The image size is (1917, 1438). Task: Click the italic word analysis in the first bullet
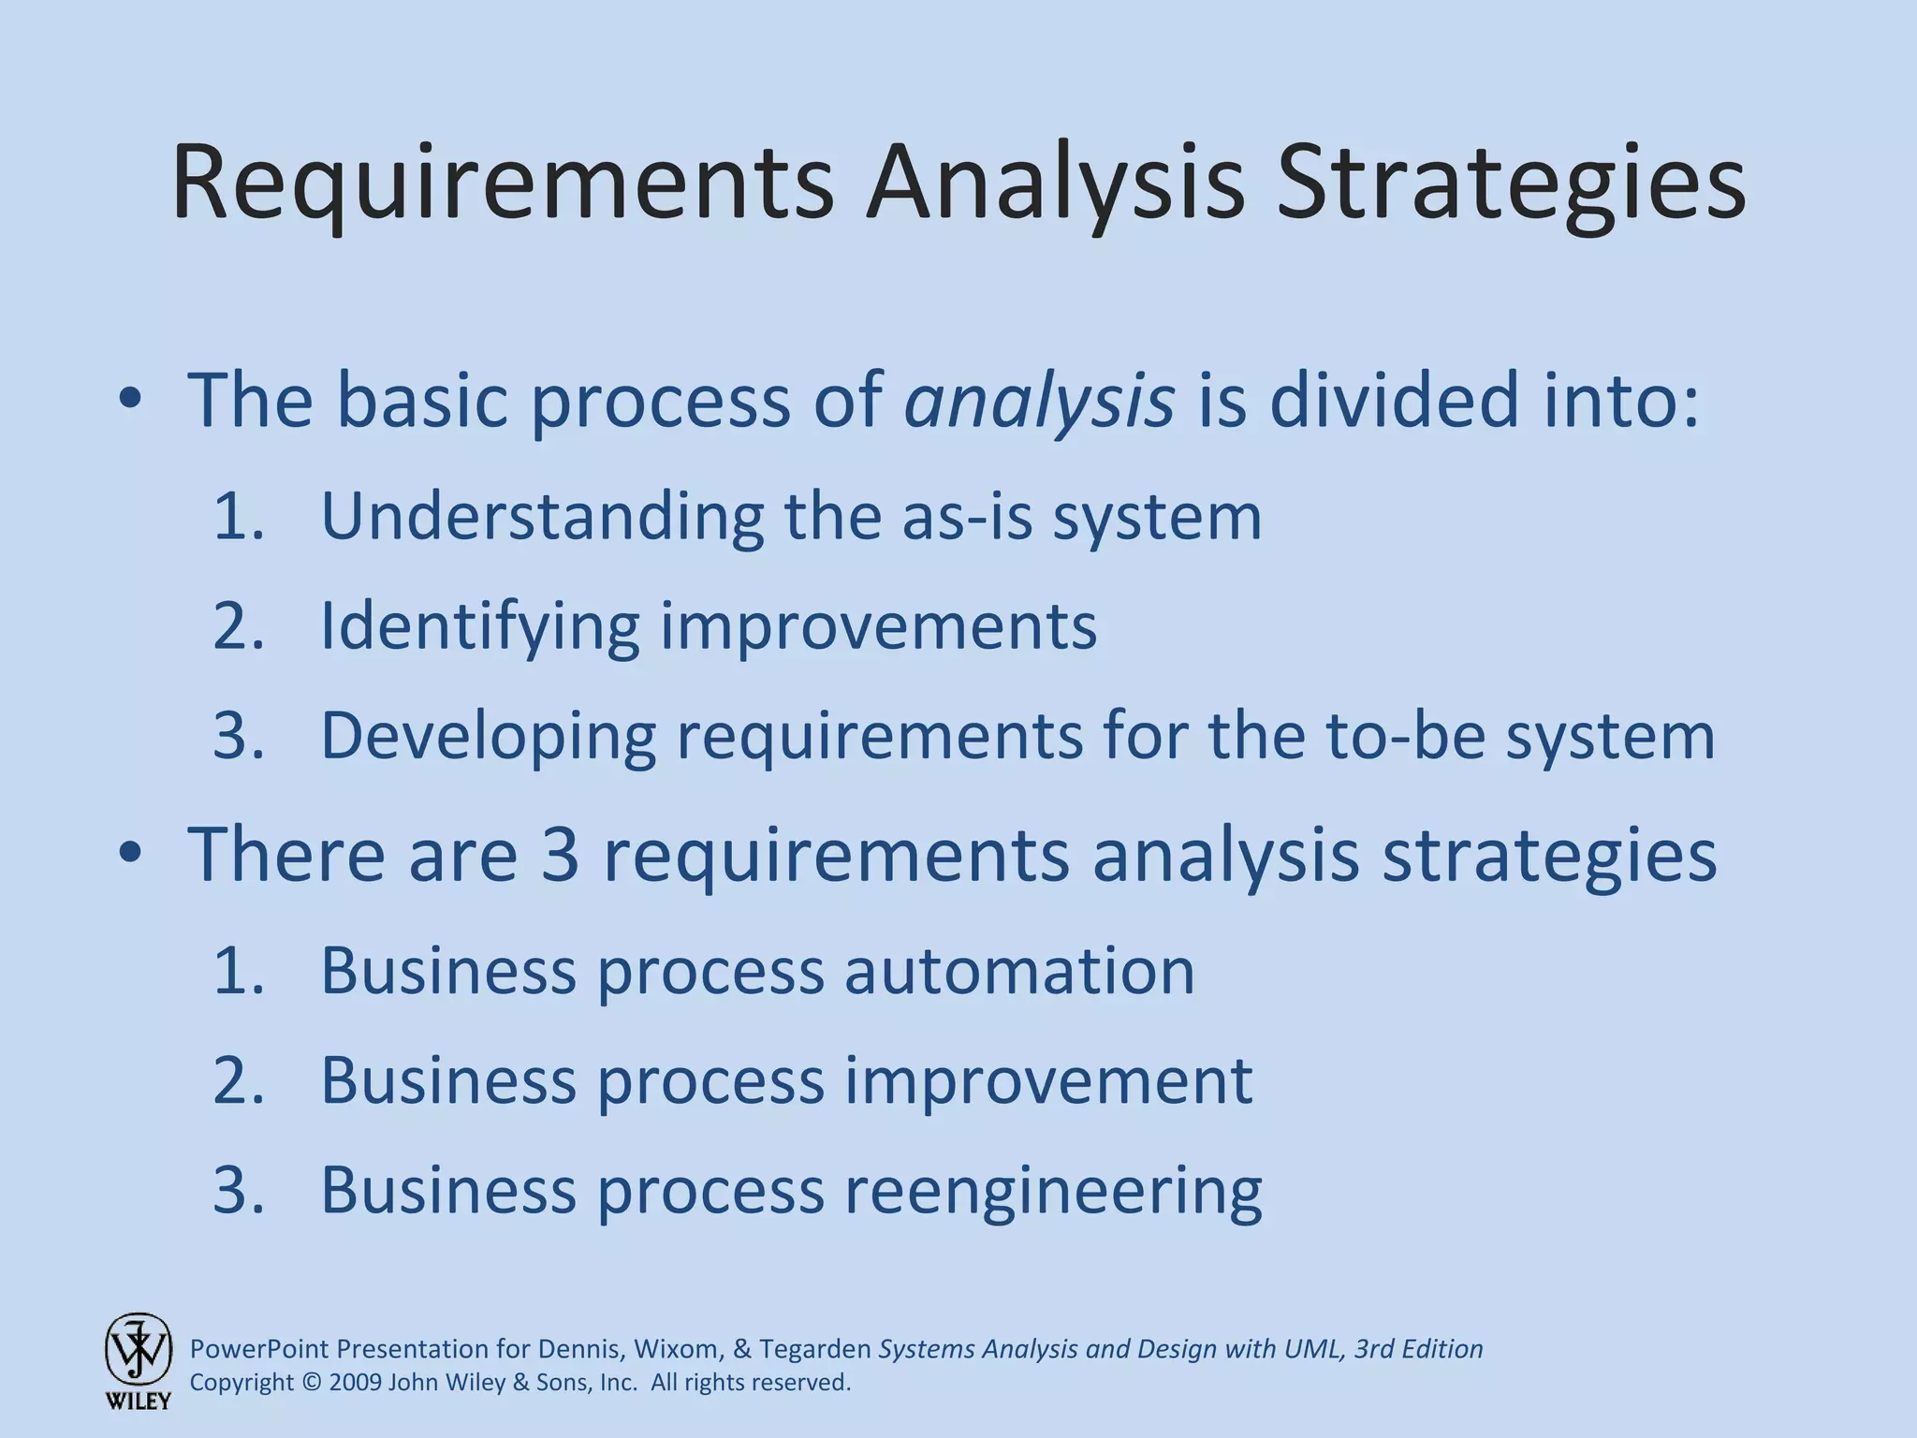(1038, 401)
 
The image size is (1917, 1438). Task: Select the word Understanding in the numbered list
(542, 517)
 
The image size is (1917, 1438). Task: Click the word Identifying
(479, 626)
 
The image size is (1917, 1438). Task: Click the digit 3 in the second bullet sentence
(560, 854)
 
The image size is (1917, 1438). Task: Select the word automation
(1019, 971)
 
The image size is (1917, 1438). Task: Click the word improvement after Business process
(1048, 1080)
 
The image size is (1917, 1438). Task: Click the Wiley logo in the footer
(138, 1359)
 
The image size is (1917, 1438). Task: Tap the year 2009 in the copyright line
(355, 1383)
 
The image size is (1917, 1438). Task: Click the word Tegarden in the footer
(814, 1349)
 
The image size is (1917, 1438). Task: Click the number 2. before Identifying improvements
(239, 626)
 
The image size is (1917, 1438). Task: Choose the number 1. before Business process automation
(239, 971)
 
